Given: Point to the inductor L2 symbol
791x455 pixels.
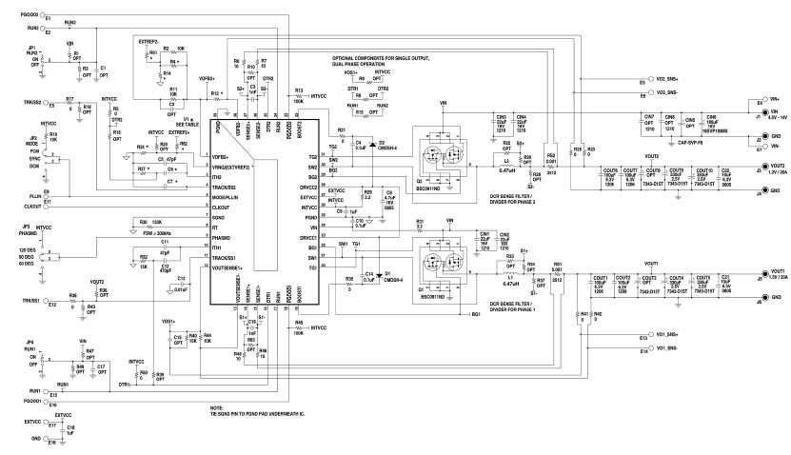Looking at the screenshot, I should (510, 164).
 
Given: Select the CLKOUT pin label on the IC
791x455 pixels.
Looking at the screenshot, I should (226, 206).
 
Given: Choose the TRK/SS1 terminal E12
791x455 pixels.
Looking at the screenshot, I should (49, 305).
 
